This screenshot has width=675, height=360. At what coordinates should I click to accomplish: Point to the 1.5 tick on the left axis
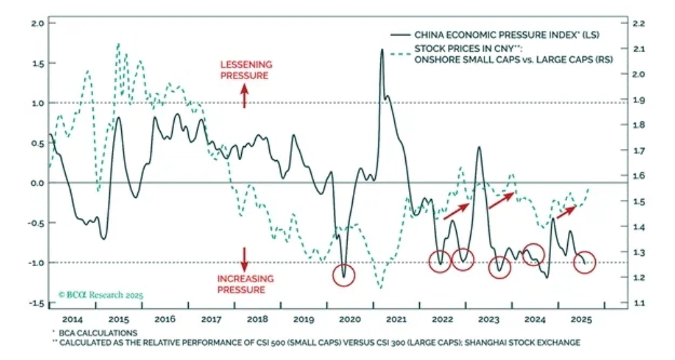pos(37,63)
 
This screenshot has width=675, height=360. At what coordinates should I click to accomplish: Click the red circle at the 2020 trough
pos(344,275)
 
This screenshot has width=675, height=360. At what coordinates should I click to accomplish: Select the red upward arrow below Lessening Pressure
pos(244,98)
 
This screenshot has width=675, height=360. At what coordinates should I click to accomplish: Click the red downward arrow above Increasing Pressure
pos(244,258)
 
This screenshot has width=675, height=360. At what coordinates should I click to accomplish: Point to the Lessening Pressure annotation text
pos(245,70)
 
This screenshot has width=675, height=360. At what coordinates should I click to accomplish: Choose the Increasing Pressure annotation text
pos(245,284)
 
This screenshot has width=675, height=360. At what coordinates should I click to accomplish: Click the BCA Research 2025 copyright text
pos(100,294)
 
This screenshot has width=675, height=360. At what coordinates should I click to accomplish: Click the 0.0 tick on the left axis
pos(37,183)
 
